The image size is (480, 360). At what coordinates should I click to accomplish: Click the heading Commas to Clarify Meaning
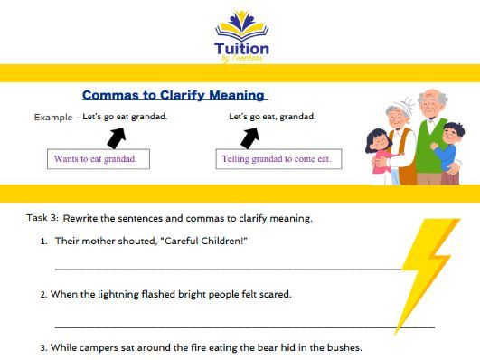(174, 94)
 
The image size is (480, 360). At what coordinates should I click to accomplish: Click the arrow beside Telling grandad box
(249, 137)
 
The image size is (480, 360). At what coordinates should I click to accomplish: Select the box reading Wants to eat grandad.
(99, 159)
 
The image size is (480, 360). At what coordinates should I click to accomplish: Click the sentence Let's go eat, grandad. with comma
(272, 117)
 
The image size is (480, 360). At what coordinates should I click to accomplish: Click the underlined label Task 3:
(42, 218)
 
